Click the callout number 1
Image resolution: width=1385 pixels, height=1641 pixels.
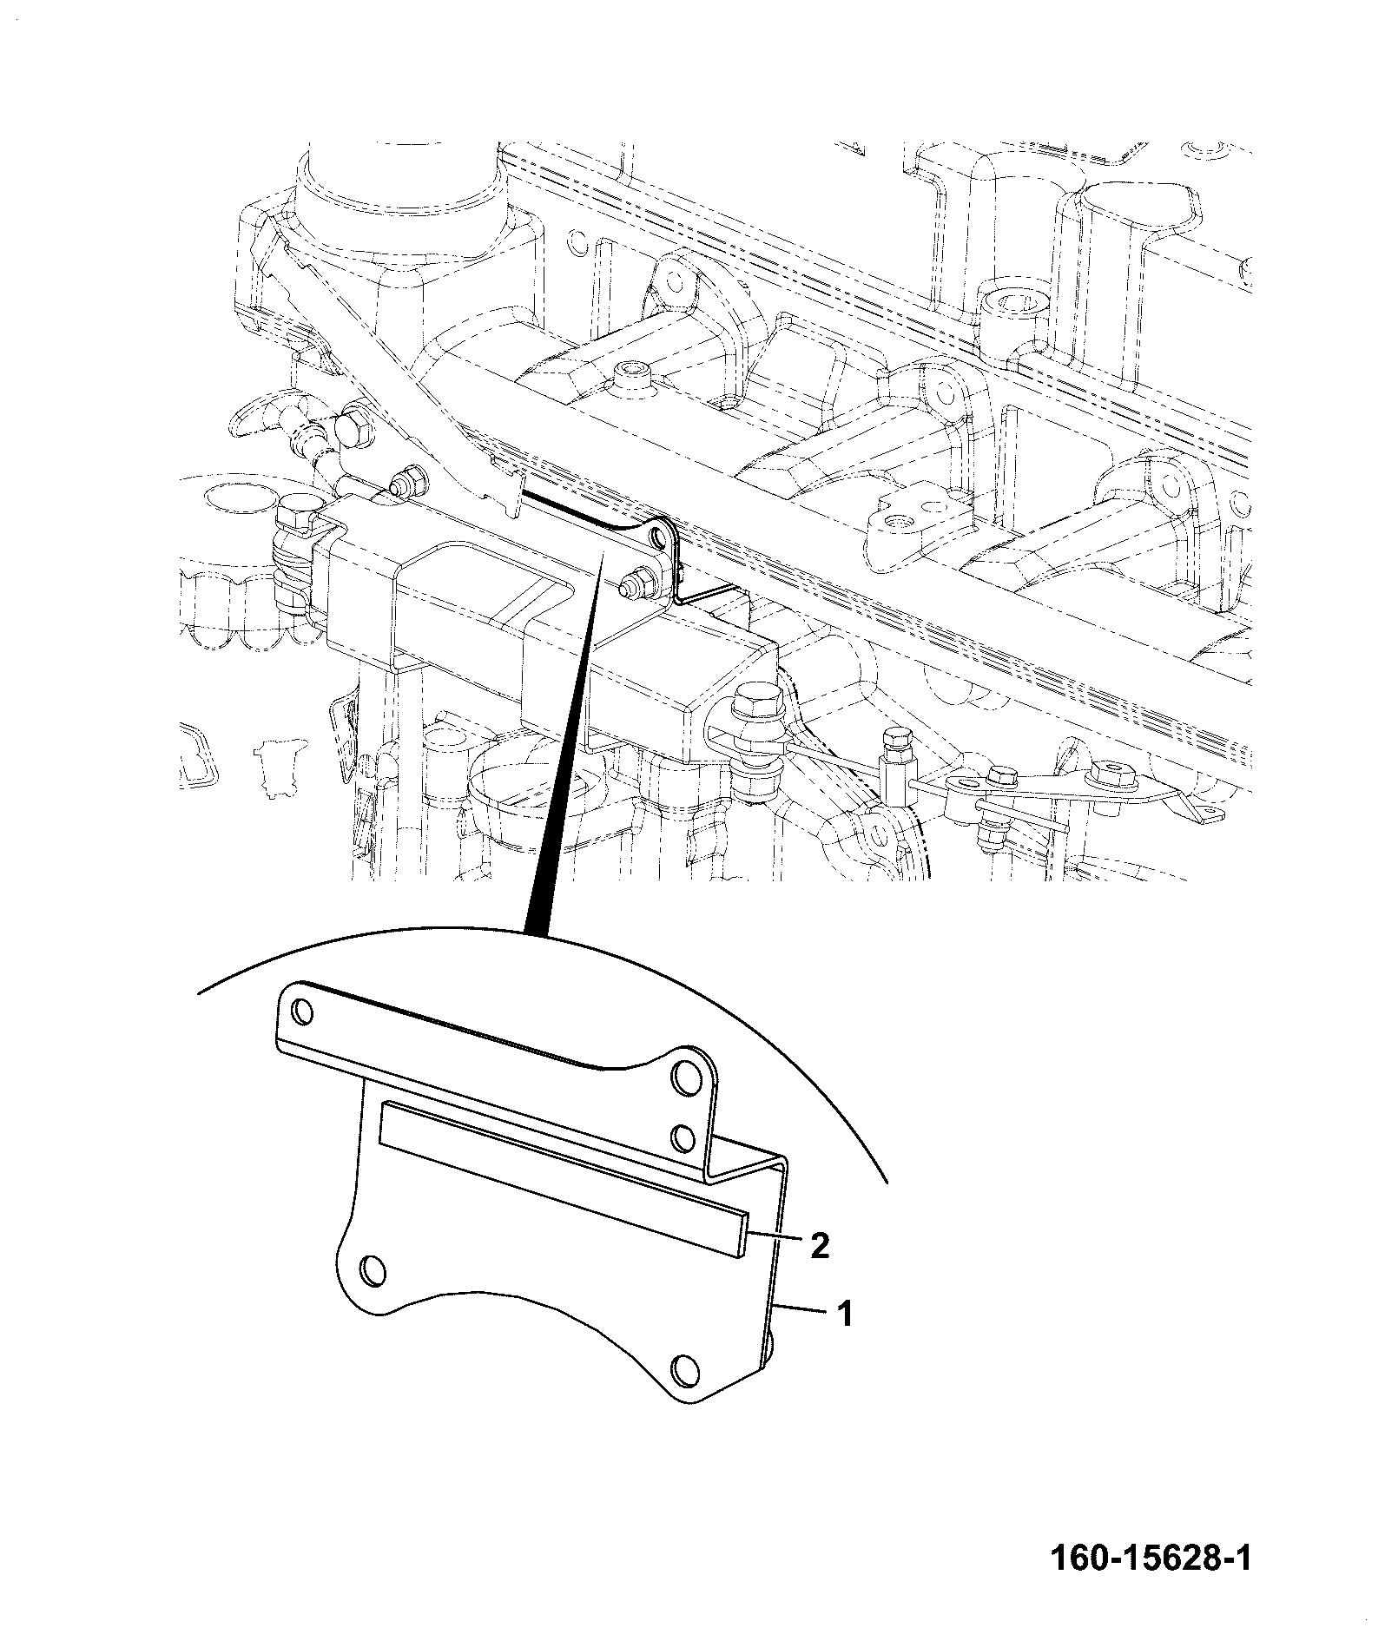click(844, 1338)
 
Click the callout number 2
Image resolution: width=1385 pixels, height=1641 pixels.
click(820, 1246)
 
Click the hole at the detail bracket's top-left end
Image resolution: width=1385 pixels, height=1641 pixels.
click(303, 1011)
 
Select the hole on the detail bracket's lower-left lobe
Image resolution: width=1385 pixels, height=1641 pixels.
click(372, 1270)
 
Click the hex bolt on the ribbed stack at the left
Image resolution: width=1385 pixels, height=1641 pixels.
click(296, 515)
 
